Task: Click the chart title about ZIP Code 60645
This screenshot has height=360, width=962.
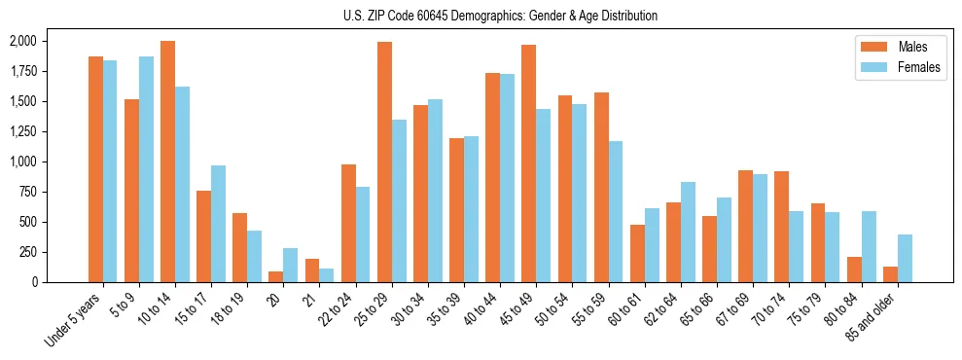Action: pyautogui.click(x=500, y=16)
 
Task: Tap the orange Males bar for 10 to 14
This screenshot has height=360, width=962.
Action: pyautogui.click(x=167, y=162)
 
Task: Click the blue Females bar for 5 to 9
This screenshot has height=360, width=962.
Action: pyautogui.click(x=146, y=169)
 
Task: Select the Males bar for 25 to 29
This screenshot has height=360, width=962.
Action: pyautogui.click(x=384, y=162)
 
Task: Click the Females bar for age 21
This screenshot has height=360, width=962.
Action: pyautogui.click(x=327, y=275)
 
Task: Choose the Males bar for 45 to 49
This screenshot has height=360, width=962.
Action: pyautogui.click(x=528, y=163)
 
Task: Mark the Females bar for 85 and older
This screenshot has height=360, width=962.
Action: pyautogui.click(x=905, y=258)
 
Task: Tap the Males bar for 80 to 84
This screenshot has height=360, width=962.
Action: pyautogui.click(x=854, y=270)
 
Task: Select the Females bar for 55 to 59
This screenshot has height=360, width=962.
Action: pyautogui.click(x=616, y=211)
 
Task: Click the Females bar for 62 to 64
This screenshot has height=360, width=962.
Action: pyautogui.click(x=688, y=232)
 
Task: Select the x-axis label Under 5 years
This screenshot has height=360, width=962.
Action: pyautogui.click(x=72, y=321)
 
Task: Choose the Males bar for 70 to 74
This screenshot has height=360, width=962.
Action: pyautogui.click(x=781, y=227)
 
